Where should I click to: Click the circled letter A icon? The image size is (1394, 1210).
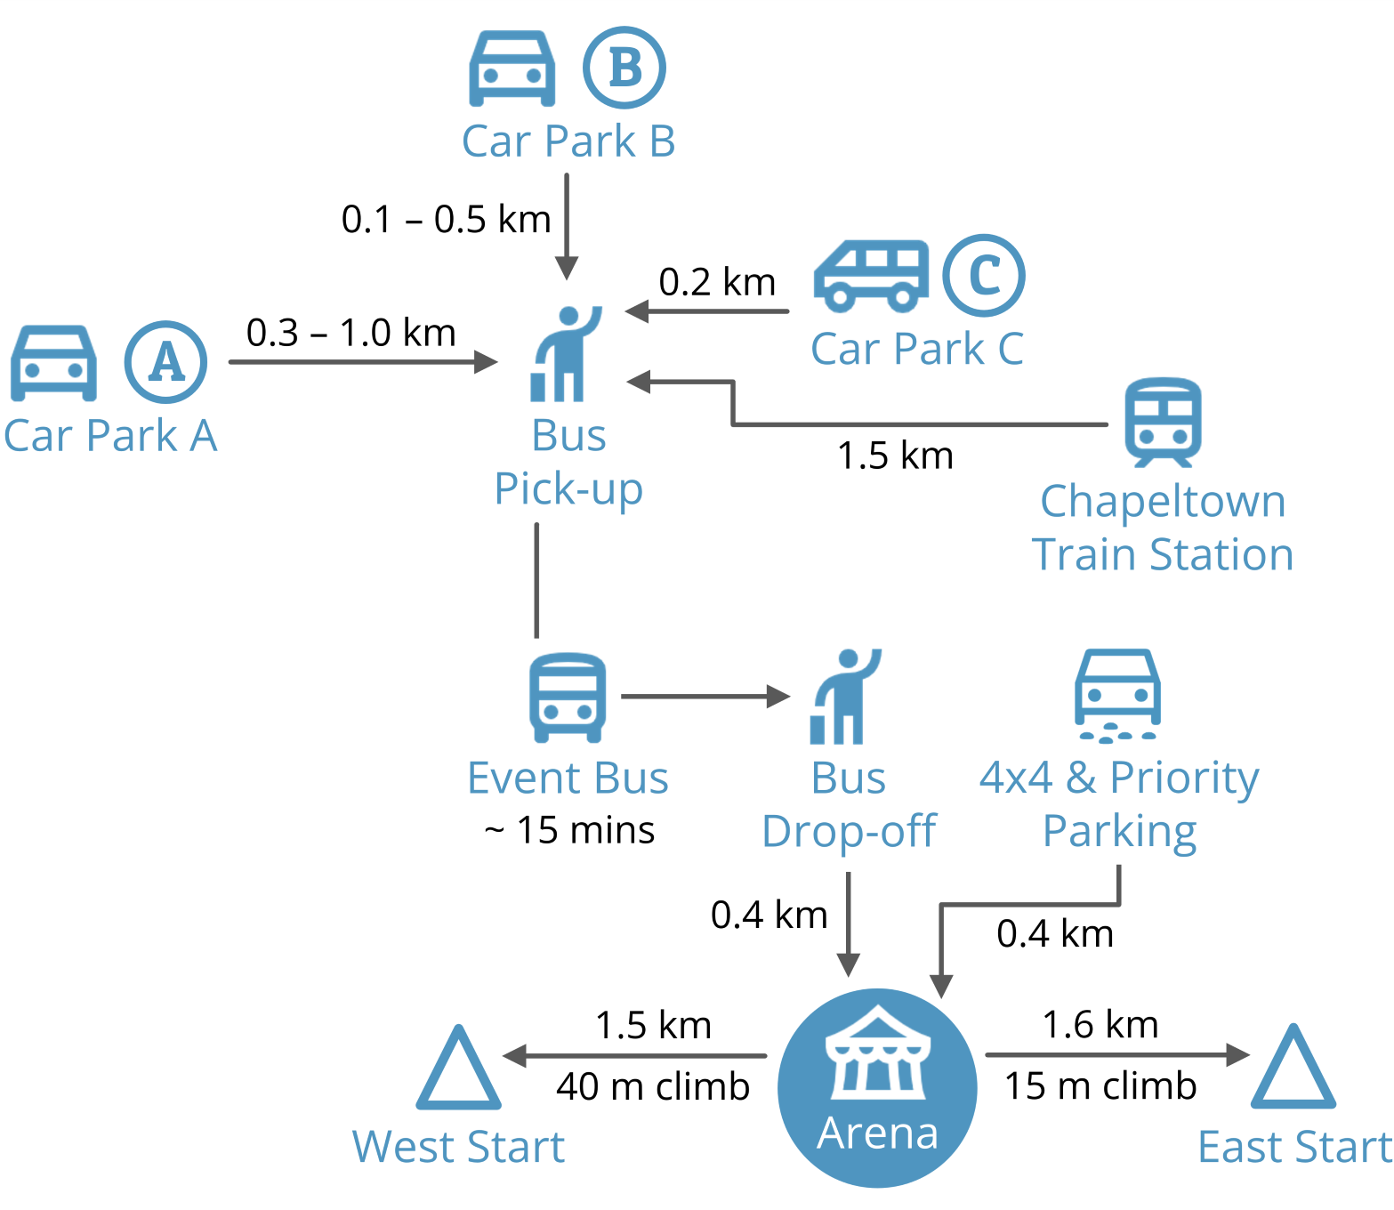165,362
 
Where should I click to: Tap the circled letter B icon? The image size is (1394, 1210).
624,68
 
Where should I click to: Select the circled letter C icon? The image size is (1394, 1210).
984,275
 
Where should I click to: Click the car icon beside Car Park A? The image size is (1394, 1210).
53,363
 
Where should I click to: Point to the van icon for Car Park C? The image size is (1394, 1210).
870,276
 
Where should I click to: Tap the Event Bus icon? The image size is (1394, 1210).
568,698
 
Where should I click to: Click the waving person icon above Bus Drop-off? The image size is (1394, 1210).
843,696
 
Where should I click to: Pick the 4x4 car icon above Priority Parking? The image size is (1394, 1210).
1117,694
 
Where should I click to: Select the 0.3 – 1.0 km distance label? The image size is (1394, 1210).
351,333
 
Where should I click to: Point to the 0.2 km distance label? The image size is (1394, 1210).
717,282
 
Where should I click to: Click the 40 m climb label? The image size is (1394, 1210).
653,1086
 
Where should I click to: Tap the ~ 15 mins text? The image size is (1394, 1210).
569,830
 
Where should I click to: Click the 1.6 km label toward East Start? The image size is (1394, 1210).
1100,1024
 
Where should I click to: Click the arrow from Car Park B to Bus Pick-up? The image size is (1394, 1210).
567,226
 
